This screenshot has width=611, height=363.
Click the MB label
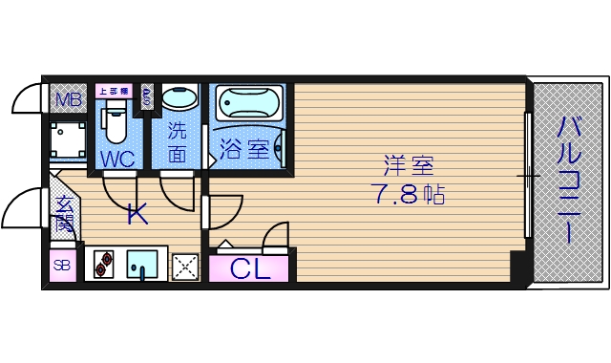[x=67, y=98]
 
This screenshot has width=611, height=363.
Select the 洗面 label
[x=178, y=140]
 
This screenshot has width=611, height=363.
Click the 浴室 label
[x=243, y=150]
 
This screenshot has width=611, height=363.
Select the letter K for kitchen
[x=137, y=215]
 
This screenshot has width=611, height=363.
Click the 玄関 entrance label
[x=64, y=213]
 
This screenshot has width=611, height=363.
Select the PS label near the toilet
[x=147, y=96]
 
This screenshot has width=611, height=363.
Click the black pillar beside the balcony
[x=520, y=268]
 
